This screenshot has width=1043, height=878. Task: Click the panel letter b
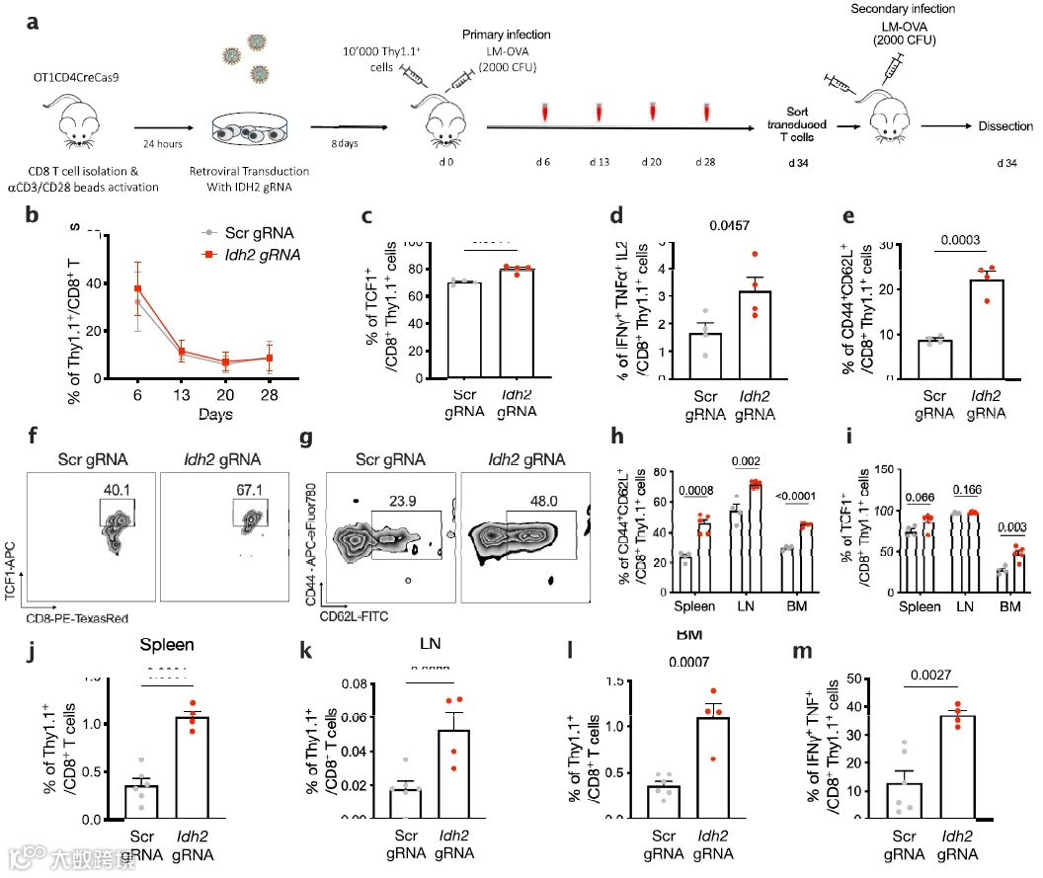[x=33, y=214]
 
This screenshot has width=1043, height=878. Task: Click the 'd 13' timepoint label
[x=600, y=160]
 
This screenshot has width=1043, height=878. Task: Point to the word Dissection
[x=1004, y=126]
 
